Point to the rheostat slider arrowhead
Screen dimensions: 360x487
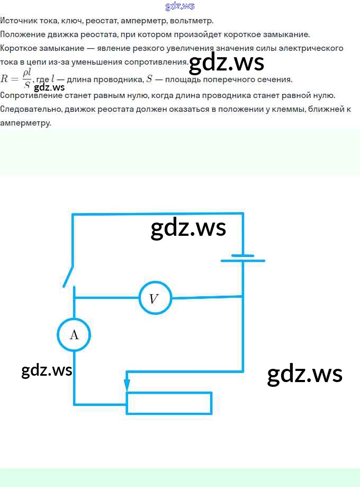[127, 385]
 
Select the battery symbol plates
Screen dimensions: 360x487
[242, 258]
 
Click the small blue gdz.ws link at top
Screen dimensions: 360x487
[180, 6]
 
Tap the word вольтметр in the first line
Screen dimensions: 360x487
[192, 21]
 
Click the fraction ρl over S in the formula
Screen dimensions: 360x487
[27, 79]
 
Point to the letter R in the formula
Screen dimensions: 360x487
[4, 78]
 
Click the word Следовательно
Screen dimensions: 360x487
[31, 109]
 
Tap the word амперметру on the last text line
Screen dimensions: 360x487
[25, 123]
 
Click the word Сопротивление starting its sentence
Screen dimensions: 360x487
[31, 95]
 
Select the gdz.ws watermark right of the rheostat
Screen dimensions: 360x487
[305, 374]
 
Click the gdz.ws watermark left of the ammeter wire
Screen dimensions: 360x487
[47, 370]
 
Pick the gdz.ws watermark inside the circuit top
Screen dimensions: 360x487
[188, 228]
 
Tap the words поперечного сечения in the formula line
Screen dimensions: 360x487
[248, 79]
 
